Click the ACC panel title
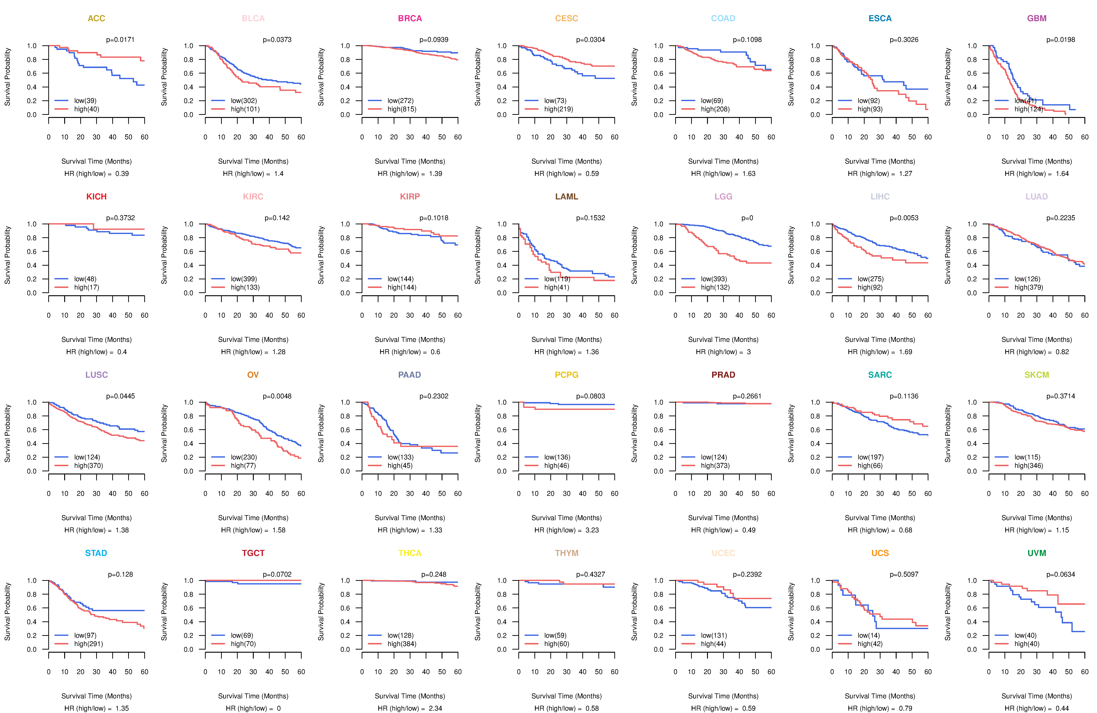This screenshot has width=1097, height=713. point(96,18)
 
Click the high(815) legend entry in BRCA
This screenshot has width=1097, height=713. point(402,109)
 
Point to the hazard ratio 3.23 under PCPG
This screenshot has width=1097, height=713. point(592,530)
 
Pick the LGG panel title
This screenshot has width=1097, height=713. point(723,197)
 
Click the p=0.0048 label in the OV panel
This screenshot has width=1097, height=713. point(277,396)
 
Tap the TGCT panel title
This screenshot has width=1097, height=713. point(253,553)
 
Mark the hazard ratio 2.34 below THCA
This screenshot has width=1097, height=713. point(435,708)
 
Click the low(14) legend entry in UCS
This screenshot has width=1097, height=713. point(868,635)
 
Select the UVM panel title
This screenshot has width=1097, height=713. point(1037,553)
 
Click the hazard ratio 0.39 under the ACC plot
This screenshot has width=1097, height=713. point(122,174)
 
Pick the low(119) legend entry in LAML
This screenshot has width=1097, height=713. point(557,279)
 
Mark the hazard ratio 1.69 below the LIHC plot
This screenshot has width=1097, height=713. point(905,352)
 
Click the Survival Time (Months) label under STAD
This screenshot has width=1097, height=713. point(96,696)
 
